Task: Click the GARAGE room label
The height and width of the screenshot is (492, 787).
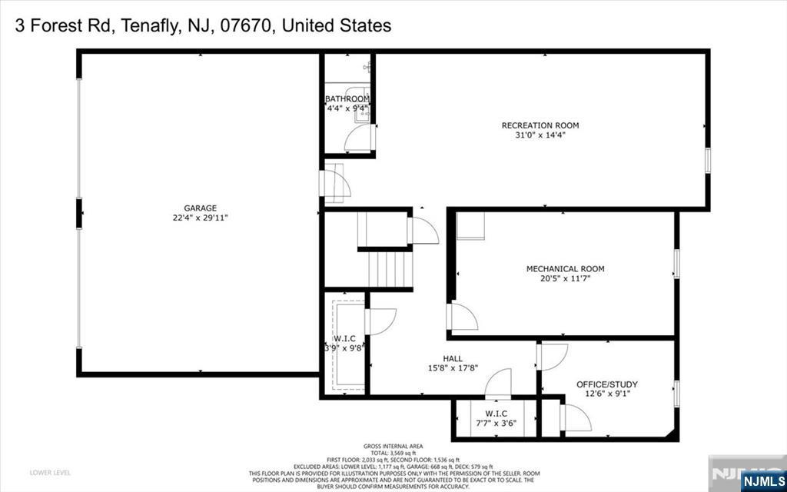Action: click(200, 208)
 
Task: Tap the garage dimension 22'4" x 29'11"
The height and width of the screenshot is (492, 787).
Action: click(200, 218)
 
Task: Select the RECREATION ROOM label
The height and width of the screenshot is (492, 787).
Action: click(540, 125)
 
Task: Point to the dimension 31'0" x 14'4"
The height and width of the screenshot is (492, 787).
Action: click(540, 135)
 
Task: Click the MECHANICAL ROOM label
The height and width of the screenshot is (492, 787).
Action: click(565, 269)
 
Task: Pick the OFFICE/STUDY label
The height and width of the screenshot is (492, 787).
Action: click(607, 384)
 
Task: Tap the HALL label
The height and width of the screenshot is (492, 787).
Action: click(452, 357)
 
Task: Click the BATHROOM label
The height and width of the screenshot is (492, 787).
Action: click(347, 99)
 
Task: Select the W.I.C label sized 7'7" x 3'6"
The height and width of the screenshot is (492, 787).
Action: click(496, 414)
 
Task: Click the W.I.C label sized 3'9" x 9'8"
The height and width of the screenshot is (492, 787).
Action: click(343, 338)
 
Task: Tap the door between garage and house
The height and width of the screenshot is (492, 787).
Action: click(337, 184)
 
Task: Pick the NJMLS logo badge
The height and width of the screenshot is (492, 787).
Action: click(762, 482)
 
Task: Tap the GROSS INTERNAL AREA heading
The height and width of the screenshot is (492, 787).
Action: click(393, 447)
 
